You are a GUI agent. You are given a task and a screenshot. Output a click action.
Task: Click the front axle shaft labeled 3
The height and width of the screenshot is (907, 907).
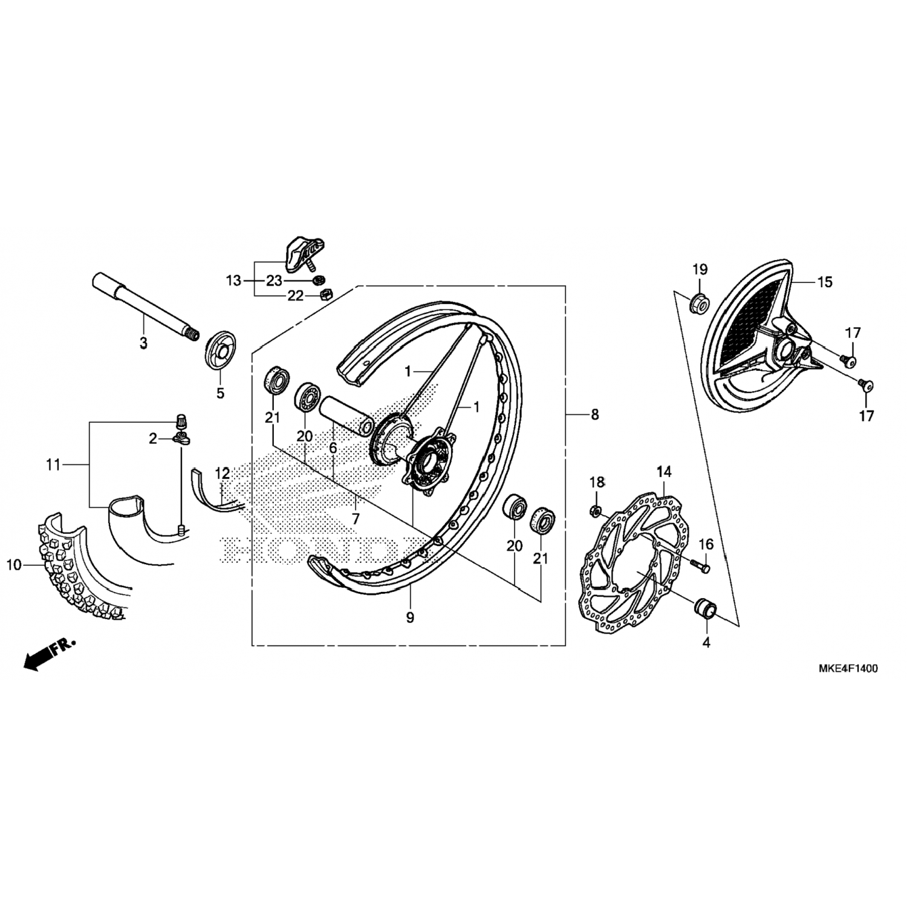pyautogui.click(x=145, y=308)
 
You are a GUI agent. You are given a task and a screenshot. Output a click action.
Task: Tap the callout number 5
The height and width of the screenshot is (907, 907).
pyautogui.click(x=220, y=393)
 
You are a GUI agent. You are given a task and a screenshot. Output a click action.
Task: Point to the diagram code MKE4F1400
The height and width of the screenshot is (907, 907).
pyautogui.click(x=848, y=668)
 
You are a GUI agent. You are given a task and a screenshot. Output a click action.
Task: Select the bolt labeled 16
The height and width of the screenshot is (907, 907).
pyautogui.click(x=700, y=565)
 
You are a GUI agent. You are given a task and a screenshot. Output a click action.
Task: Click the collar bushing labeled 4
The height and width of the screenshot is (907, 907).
pyautogui.click(x=706, y=608)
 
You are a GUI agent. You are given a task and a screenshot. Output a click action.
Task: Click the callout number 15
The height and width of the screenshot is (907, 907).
pyautogui.click(x=825, y=282)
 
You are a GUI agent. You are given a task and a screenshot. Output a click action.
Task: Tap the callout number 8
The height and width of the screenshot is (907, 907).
pyautogui.click(x=595, y=414)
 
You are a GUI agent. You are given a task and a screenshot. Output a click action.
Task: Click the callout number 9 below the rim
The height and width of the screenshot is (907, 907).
pyautogui.click(x=410, y=617)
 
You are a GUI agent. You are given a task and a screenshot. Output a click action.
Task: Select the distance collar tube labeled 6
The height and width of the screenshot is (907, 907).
pyautogui.click(x=345, y=415)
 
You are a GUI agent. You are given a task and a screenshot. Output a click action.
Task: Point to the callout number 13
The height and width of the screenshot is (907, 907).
pyautogui.click(x=233, y=281)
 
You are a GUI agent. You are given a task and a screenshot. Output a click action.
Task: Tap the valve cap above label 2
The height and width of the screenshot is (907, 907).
pyautogui.click(x=180, y=419)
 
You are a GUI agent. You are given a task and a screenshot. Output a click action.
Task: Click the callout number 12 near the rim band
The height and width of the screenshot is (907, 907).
pyautogui.click(x=222, y=473)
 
